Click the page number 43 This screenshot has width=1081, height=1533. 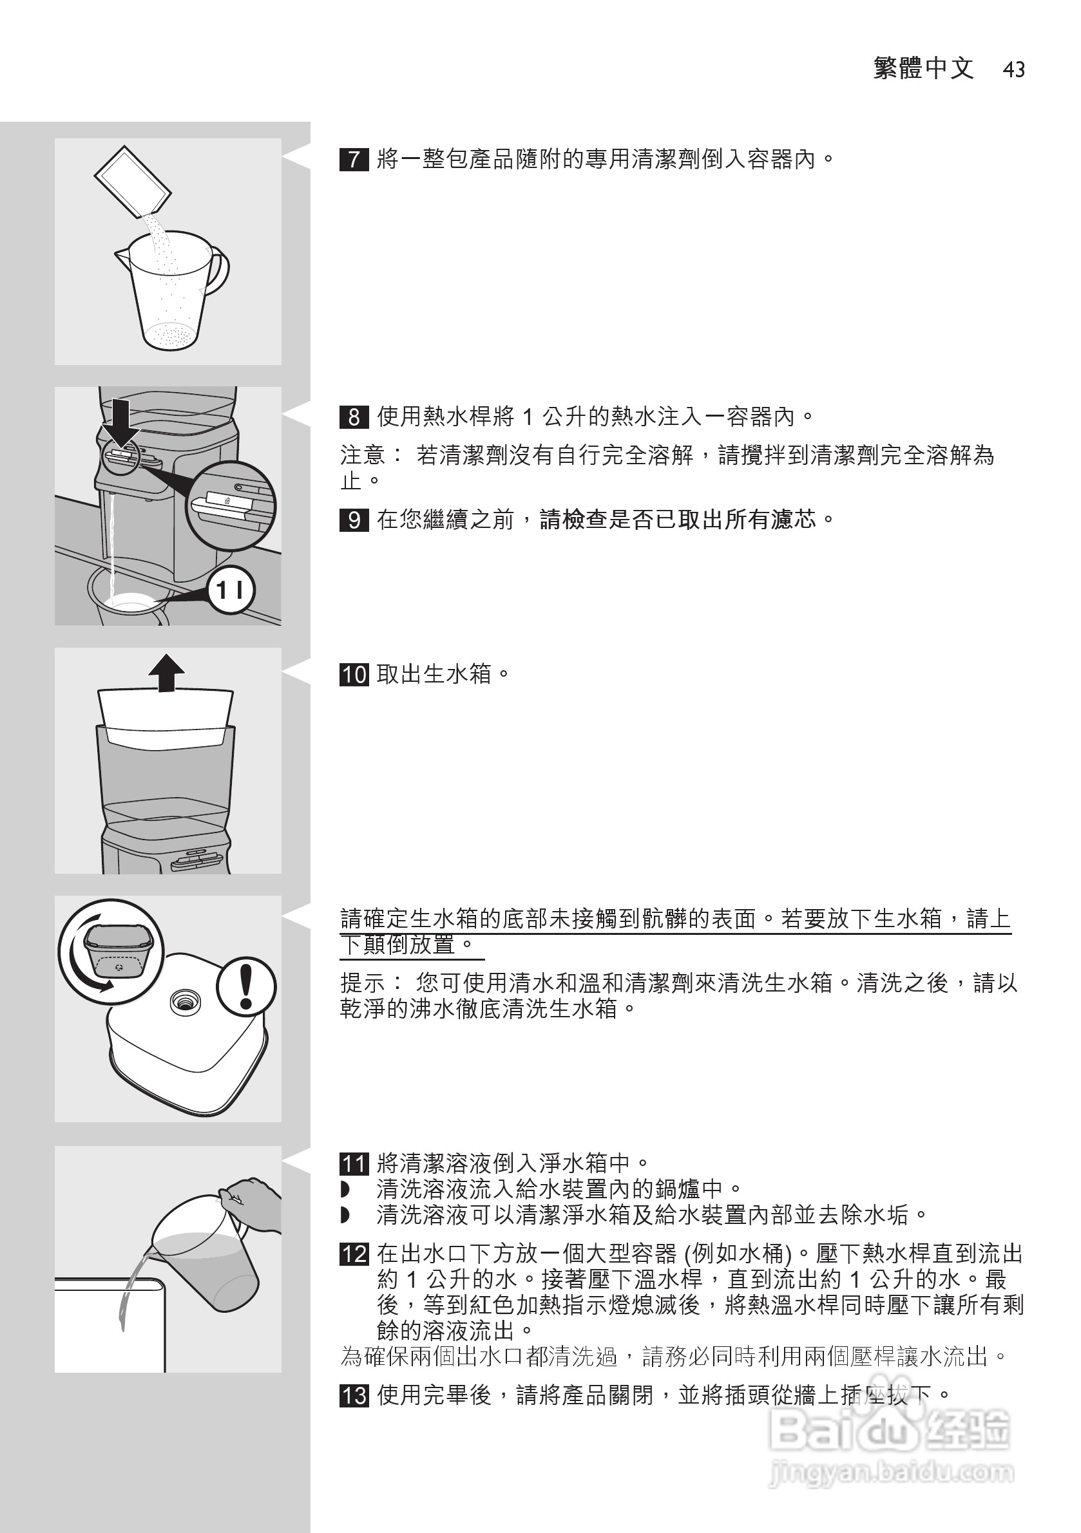click(1013, 70)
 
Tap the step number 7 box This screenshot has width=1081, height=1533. click(354, 160)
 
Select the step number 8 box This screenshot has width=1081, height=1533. click(354, 417)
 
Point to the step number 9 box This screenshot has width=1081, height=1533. click(354, 520)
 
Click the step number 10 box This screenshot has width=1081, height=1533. click(354, 674)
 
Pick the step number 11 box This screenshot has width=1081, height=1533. click(354, 1164)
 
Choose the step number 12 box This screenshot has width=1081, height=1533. click(354, 1254)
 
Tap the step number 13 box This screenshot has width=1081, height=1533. click(354, 1395)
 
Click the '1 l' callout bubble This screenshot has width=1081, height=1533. click(231, 590)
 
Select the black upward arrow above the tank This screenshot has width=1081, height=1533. click(166, 672)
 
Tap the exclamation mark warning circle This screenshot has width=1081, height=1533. click(246, 987)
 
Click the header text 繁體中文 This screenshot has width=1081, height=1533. click(923, 69)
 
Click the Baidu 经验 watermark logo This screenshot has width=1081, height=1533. click(888, 1431)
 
